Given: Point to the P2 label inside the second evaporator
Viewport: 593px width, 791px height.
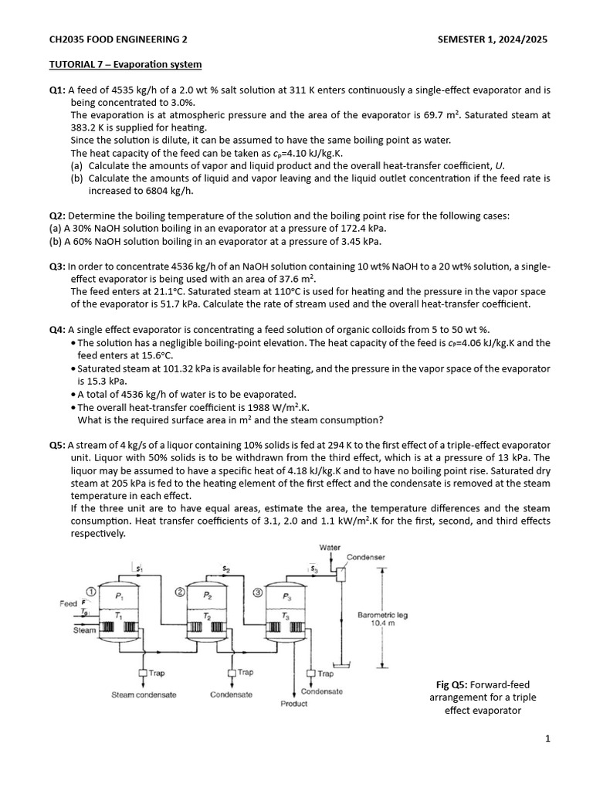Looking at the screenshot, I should click(208, 596).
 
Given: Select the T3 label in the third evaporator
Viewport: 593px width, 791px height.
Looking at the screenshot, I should click(287, 616).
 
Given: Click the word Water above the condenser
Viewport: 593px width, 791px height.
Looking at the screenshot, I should click(330, 548).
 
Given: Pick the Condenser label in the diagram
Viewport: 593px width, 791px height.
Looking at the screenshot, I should click(366, 557).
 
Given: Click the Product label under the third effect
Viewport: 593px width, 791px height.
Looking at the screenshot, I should click(293, 704).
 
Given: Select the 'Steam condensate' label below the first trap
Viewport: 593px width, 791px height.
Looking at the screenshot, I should click(144, 694).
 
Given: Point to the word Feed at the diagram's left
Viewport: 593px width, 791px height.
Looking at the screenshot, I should click(69, 603).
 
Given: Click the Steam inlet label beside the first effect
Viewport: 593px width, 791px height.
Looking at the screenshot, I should click(85, 630).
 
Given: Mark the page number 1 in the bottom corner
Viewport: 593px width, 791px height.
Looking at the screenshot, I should click(547, 739).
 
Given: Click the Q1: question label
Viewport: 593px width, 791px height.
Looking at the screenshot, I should click(58, 90).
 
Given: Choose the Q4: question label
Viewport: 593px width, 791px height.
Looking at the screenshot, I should click(58, 330).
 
